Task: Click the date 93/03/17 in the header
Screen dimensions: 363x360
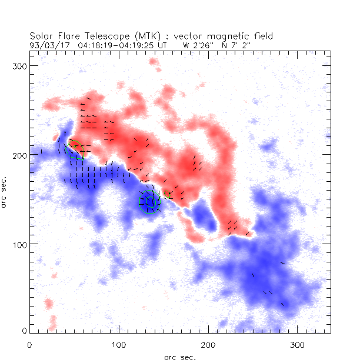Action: click(x=46, y=44)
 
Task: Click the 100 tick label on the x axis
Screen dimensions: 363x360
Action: click(x=119, y=343)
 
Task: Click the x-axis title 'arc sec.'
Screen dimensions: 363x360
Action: click(x=180, y=357)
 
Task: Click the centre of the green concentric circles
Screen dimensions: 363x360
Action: click(x=150, y=202)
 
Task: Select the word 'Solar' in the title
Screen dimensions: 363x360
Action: click(x=42, y=35)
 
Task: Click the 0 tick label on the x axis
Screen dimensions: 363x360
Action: click(x=29, y=343)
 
